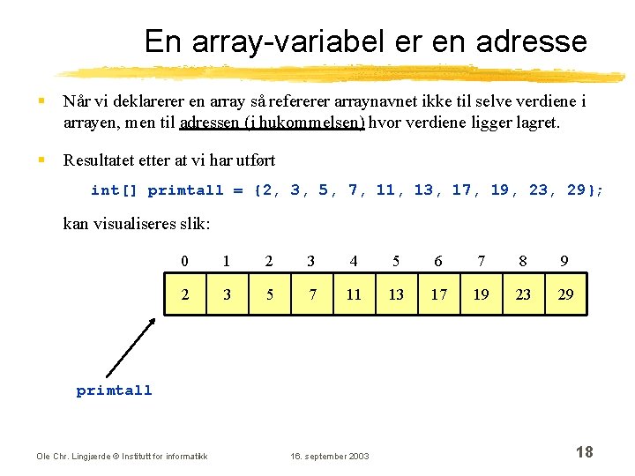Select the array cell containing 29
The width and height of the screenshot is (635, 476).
click(565, 294)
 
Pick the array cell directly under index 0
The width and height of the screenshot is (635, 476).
click(184, 294)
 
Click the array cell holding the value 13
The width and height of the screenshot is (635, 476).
click(396, 294)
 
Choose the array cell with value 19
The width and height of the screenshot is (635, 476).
click(481, 294)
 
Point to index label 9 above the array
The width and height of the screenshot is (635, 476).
click(564, 261)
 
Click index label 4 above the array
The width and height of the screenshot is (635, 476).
click(354, 261)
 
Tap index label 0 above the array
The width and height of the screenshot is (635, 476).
click(184, 261)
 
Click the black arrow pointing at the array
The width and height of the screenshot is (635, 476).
click(131, 346)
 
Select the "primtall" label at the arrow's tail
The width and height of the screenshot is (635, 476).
click(114, 390)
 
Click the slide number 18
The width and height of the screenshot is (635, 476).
click(584, 452)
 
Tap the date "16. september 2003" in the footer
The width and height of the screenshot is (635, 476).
click(331, 456)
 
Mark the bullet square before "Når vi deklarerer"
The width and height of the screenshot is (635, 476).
click(42, 101)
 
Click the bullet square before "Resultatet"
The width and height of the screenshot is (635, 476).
click(42, 160)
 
